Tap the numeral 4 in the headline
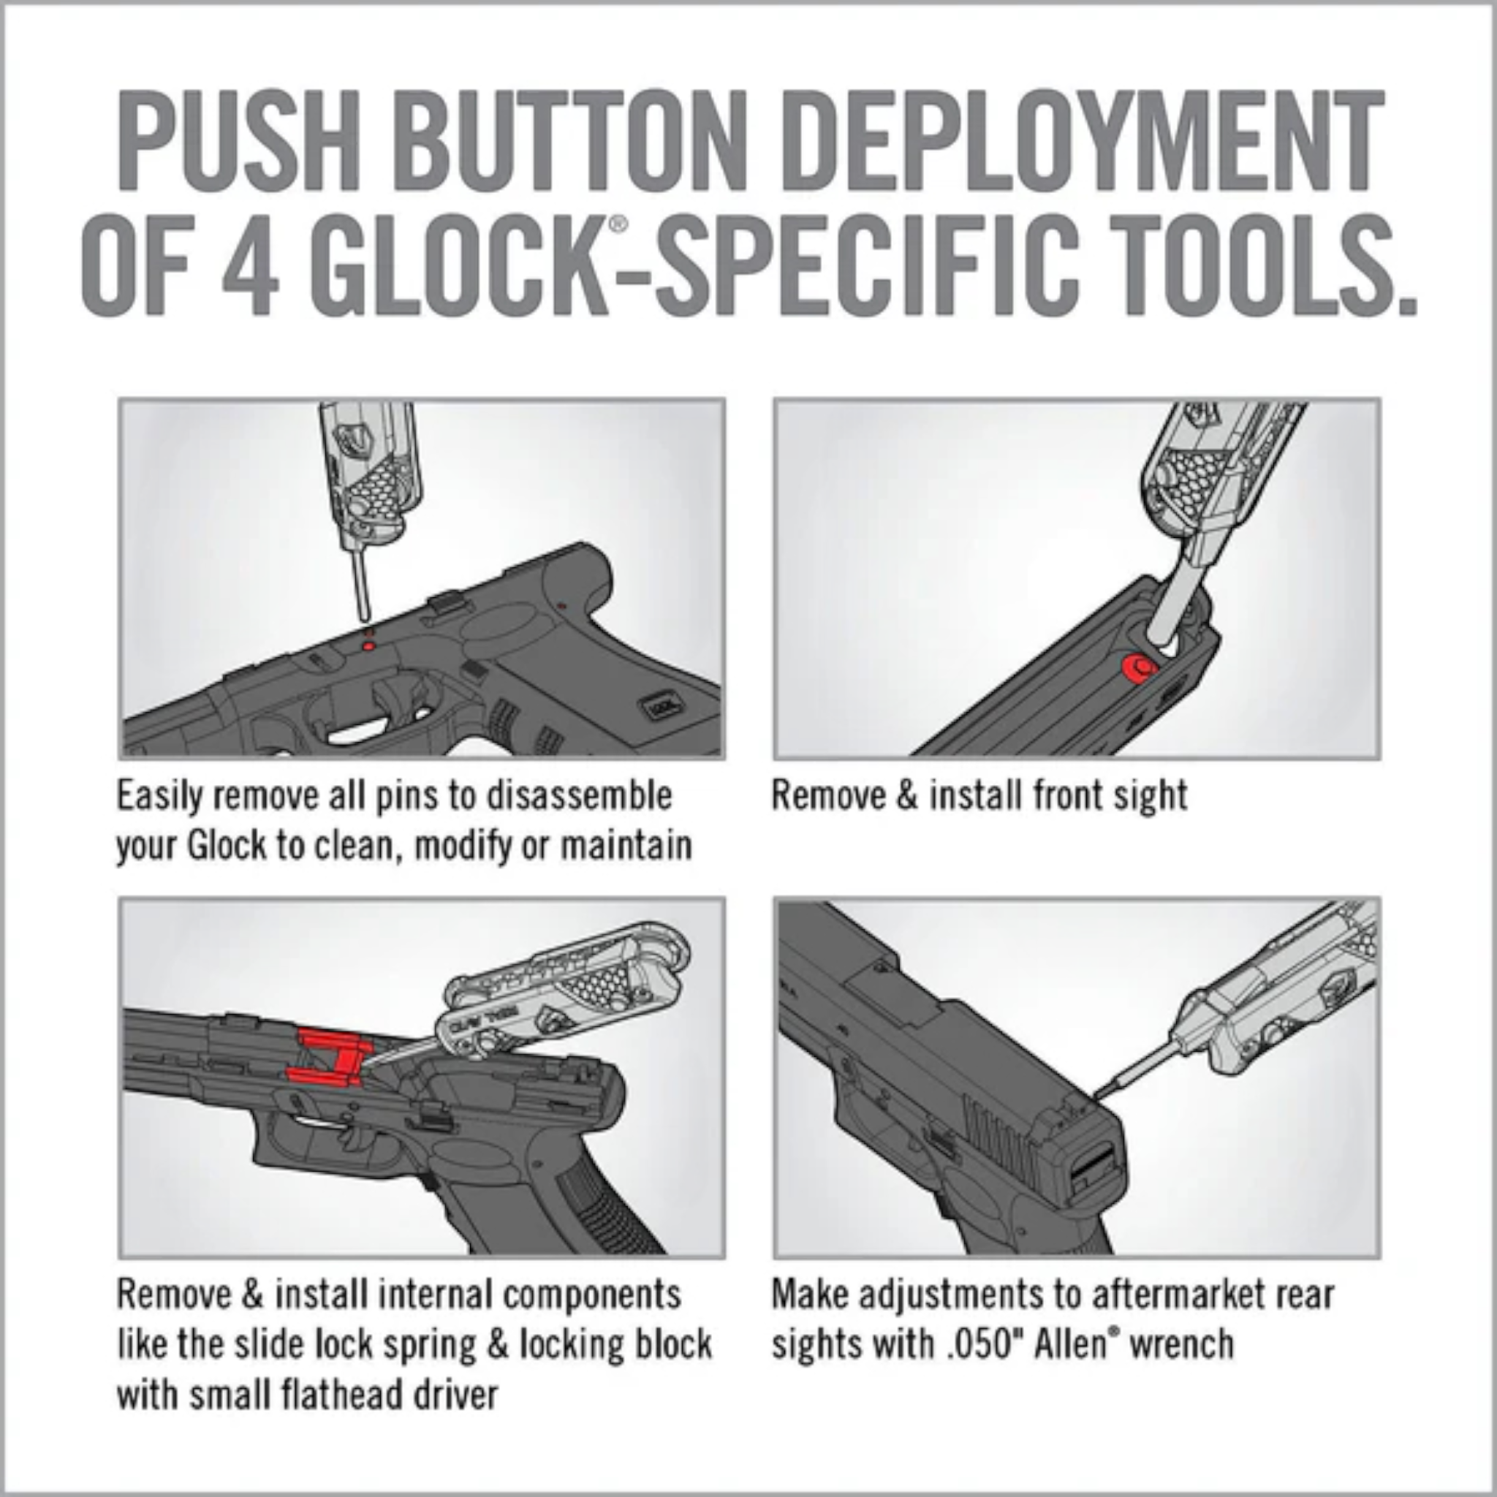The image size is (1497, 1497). pyautogui.click(x=249, y=266)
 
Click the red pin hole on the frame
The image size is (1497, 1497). pyautogui.click(x=369, y=645)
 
